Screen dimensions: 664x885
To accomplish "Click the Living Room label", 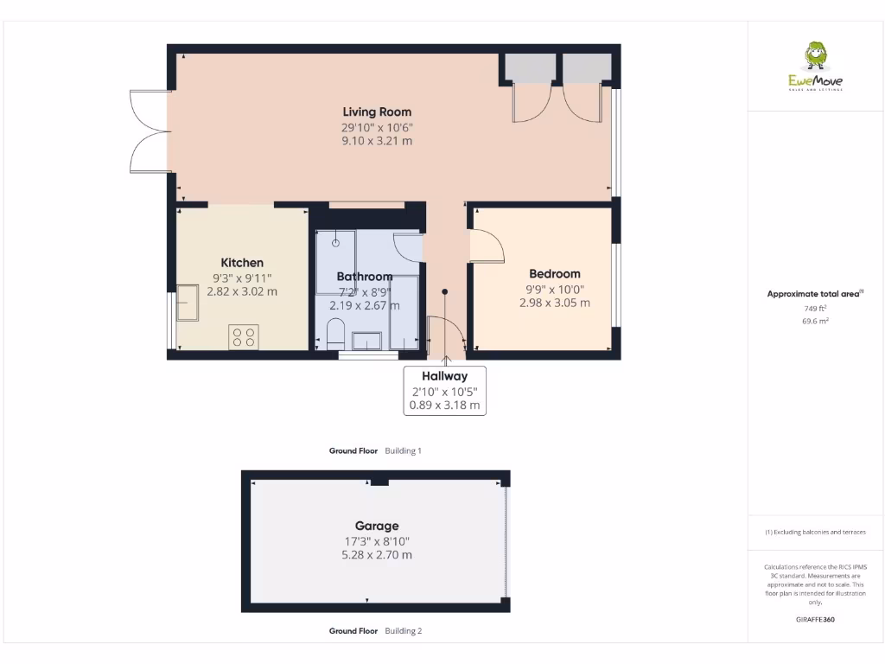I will (377, 112).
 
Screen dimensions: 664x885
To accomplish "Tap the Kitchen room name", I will (242, 263).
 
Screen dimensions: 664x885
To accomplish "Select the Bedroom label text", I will (554, 274).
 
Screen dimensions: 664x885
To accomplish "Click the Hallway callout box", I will (445, 390).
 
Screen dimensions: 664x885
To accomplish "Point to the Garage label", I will (377, 526).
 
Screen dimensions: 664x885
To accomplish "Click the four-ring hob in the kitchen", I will (244, 336).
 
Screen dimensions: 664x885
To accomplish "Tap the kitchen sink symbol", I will (188, 303).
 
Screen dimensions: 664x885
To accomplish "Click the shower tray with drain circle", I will (335, 251).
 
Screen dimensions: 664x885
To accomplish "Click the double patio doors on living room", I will (149, 131).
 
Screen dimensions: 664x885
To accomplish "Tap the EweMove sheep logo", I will (815, 57).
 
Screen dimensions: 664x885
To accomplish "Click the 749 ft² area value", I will (815, 308).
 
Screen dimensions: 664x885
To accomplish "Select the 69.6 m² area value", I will (815, 321).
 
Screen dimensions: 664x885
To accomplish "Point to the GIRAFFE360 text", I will (815, 619).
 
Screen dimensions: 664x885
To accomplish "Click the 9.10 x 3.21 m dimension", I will (377, 140).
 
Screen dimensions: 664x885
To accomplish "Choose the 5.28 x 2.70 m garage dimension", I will (377, 554).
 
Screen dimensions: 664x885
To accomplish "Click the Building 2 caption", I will (403, 631).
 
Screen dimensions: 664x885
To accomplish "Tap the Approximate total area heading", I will (813, 294).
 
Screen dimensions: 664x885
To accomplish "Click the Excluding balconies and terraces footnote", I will (815, 532).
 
